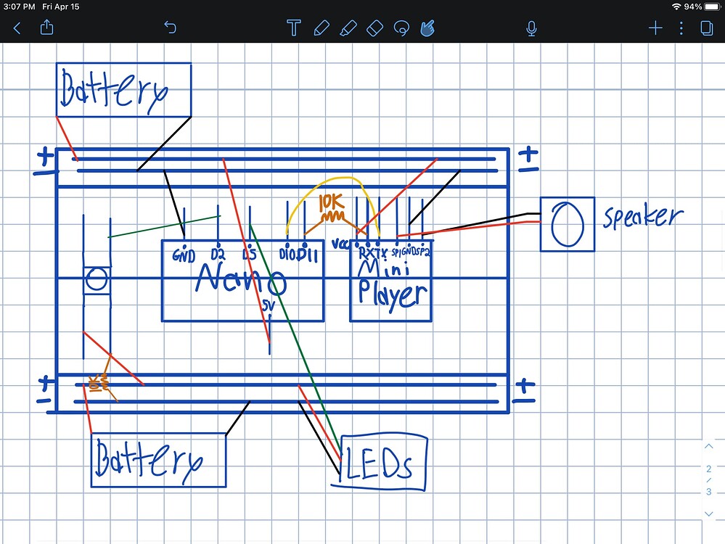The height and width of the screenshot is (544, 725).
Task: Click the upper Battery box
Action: coord(123,90)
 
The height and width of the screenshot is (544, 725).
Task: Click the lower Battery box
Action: coord(158,461)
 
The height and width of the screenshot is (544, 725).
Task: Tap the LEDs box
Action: coord(383,463)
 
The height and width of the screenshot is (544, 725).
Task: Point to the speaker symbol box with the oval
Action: coord(567,224)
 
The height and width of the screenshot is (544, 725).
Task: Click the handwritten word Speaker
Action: coord(642,217)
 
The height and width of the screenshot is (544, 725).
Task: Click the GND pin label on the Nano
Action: coord(184,256)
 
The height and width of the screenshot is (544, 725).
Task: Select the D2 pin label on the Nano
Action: coord(218,255)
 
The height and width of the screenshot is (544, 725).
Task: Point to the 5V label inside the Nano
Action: coord(269,307)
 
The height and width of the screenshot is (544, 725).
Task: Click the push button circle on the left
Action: coord(97,279)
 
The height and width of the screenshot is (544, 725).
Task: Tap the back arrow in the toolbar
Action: coord(17,28)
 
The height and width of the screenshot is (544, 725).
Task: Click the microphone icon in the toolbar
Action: coord(531,28)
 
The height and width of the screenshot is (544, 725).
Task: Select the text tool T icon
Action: coord(294,28)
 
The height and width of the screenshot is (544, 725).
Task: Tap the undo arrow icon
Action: coord(170,28)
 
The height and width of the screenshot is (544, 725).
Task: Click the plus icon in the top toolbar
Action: coord(655,28)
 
